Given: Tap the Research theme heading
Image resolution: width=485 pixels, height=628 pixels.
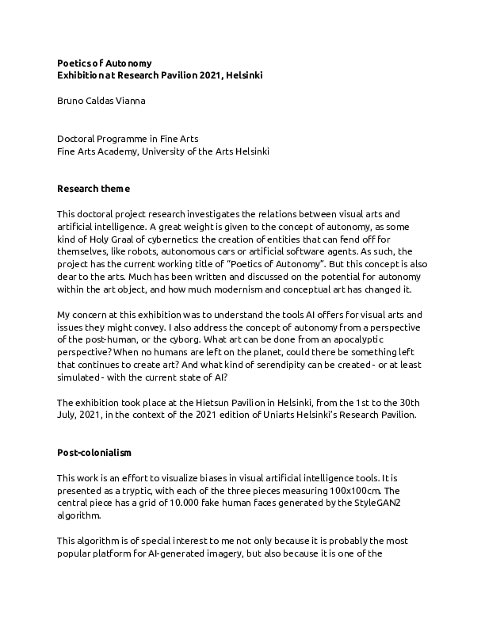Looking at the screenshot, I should (x=94, y=189).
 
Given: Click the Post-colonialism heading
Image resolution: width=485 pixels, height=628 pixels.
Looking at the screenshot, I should (x=94, y=452).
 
